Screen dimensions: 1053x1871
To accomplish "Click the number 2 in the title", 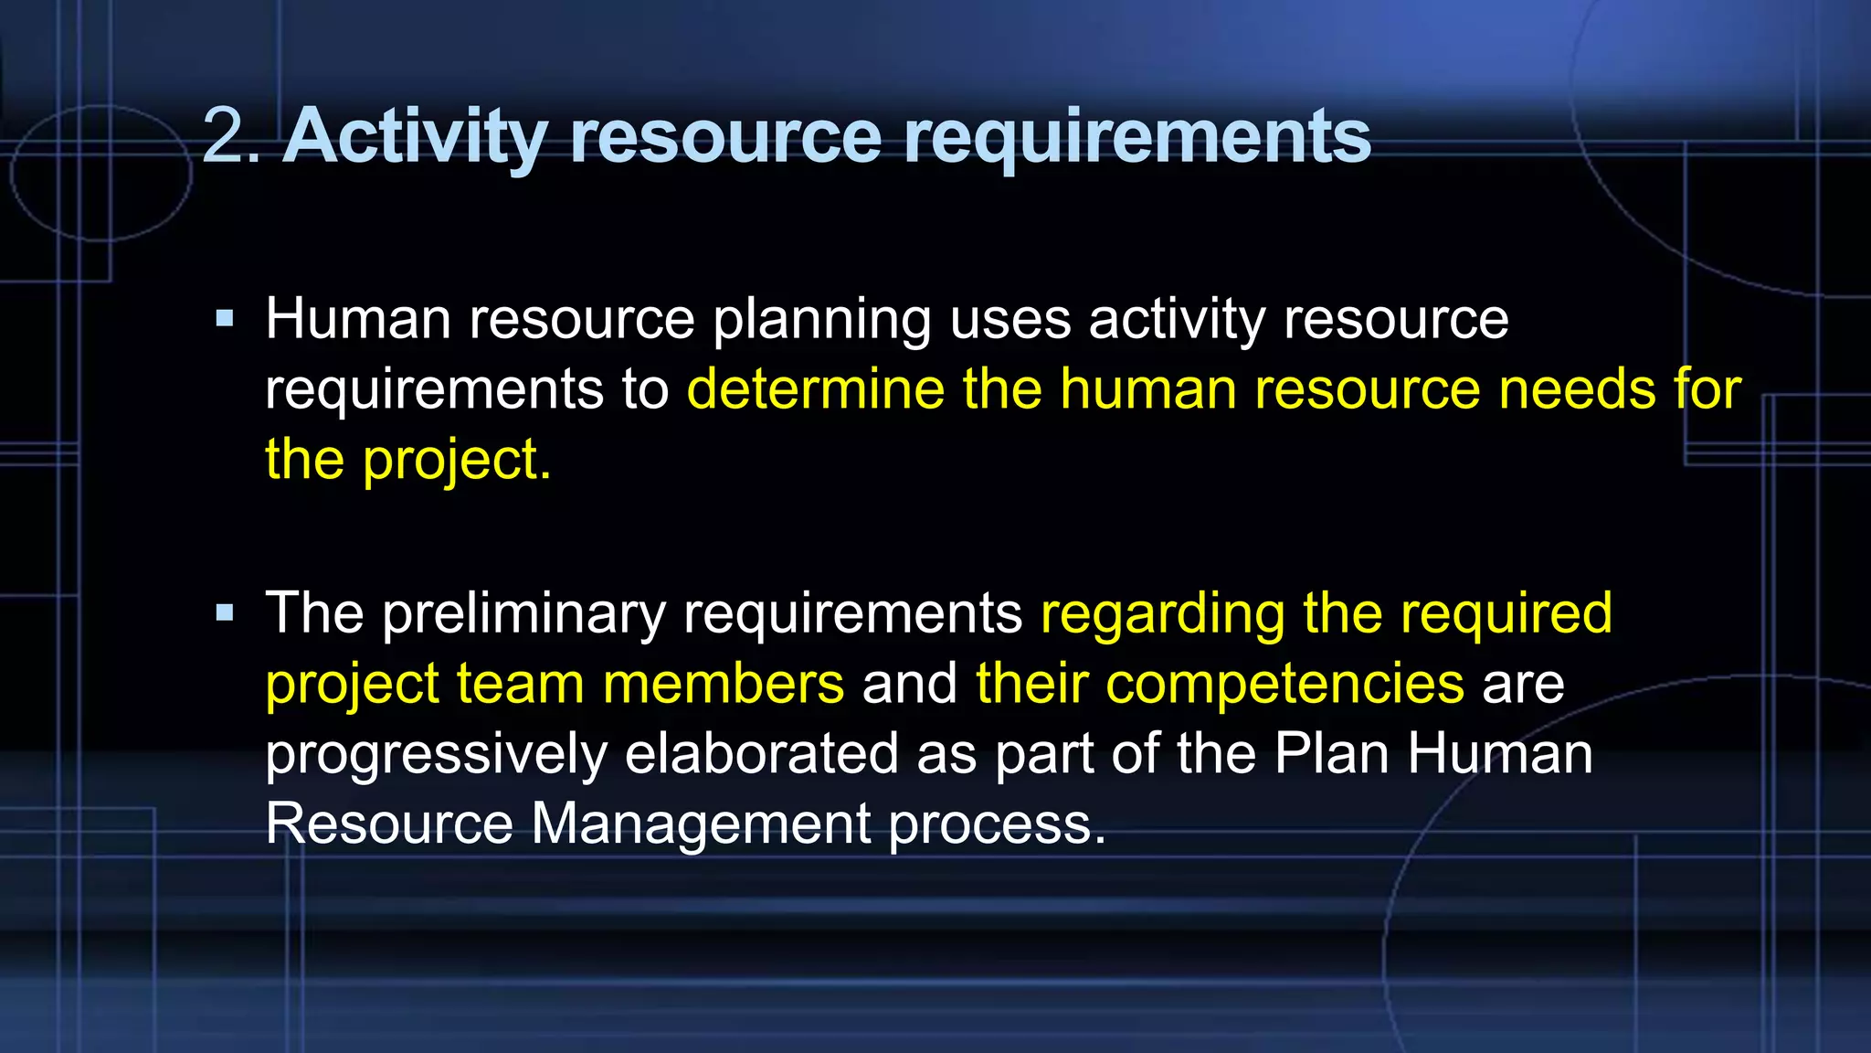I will pyautogui.click(x=223, y=135).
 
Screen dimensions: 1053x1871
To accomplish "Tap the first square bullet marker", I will pyautogui.click(x=225, y=319).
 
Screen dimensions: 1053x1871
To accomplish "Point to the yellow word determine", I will pyautogui.click(x=815, y=388).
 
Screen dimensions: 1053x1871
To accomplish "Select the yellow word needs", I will pyautogui.click(x=1577, y=388).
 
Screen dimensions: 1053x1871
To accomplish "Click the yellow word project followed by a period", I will pyautogui.click(x=456, y=460).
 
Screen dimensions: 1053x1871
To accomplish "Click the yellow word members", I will pyautogui.click(x=724, y=683).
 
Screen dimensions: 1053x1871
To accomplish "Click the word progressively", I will pyautogui.click(x=437, y=754).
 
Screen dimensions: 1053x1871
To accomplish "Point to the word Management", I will pyautogui.click(x=701, y=824).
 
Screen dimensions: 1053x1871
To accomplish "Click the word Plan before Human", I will pyautogui.click(x=1332, y=753).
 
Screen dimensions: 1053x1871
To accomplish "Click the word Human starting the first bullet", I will pyautogui.click(x=358, y=319).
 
